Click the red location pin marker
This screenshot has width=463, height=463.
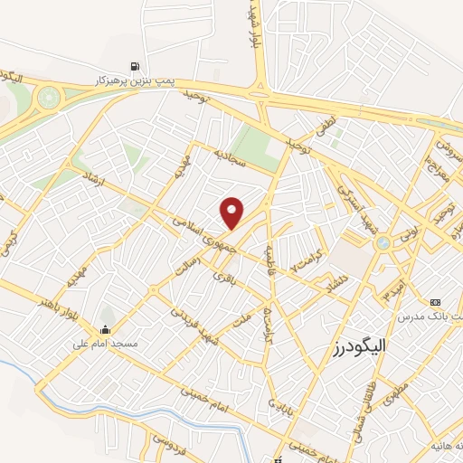[x=233, y=213]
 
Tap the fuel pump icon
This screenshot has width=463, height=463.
[x=135, y=65]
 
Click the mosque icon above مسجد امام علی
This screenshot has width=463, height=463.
[x=106, y=329]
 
